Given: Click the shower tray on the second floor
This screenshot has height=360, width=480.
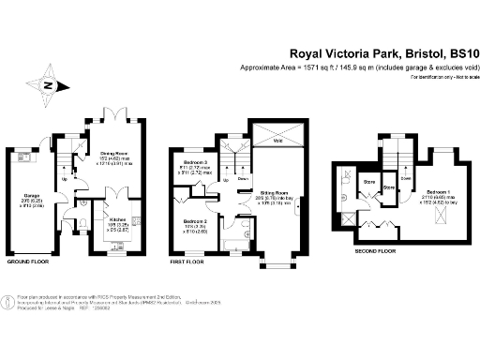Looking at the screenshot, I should click(348, 175).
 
